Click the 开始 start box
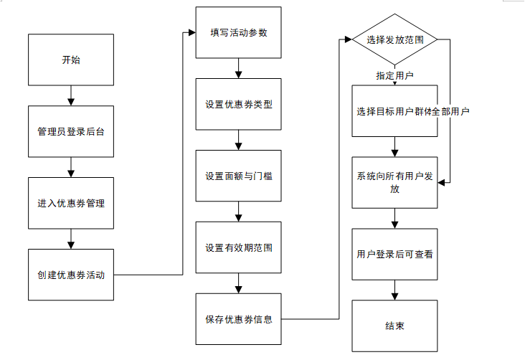pos(71,60)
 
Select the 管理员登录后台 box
pos(71,131)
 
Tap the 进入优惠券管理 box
pos(71,203)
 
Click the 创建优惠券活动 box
pos(71,275)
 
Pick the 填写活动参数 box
pos(238,32)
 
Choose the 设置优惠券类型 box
pos(238,104)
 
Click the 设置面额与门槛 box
pos(238,176)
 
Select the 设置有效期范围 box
pos(238,247)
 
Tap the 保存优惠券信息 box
pos(238,319)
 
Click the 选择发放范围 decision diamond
pos(394,39)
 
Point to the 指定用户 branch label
pos(394,76)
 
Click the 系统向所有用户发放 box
pos(394,183)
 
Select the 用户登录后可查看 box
pos(394,254)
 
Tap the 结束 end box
pos(394,326)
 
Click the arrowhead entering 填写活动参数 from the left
pos(192,32)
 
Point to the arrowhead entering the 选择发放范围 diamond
pos(349,39)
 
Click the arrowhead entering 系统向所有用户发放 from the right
pos(441,183)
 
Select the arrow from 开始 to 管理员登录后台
pos(71,95)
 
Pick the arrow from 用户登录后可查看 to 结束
pos(394,290)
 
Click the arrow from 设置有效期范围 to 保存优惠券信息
pos(238,283)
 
